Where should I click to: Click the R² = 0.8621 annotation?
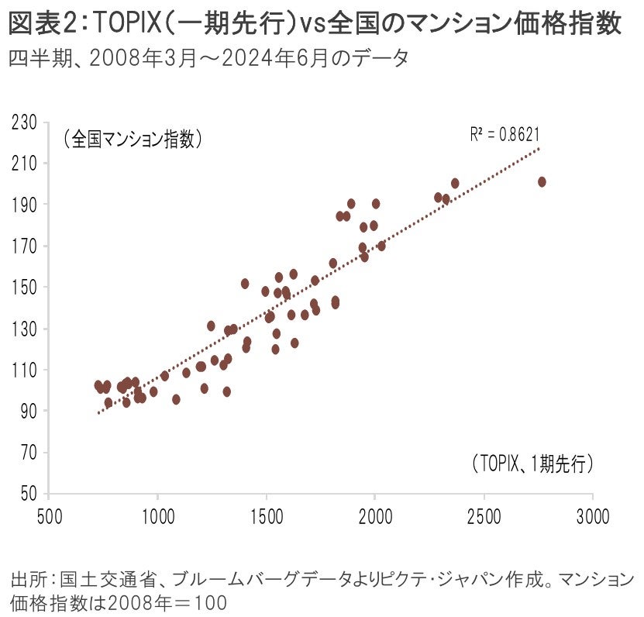pos(505,133)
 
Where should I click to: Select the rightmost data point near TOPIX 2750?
pos(542,181)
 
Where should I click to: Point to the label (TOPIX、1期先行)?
pos(531,464)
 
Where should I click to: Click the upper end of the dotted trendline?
pos(539,148)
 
